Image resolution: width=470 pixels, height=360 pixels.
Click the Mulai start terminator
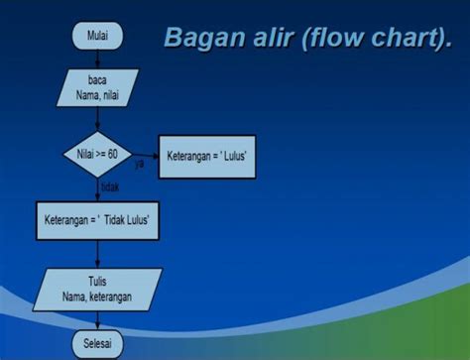click(97, 37)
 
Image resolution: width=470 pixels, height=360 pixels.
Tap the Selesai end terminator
click(97, 344)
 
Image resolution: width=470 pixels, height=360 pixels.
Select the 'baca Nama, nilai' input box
click(97, 86)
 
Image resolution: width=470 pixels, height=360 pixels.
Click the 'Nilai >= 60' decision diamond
click(97, 156)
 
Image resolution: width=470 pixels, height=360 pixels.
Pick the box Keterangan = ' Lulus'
click(206, 157)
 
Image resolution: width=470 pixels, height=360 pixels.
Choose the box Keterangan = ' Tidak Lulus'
click(97, 217)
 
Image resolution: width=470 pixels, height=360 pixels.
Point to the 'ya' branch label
click(139, 165)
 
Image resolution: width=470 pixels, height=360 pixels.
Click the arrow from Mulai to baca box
click(97, 58)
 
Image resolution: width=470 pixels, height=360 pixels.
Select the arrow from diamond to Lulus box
click(146, 156)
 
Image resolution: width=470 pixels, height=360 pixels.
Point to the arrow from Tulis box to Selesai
click(97, 319)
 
